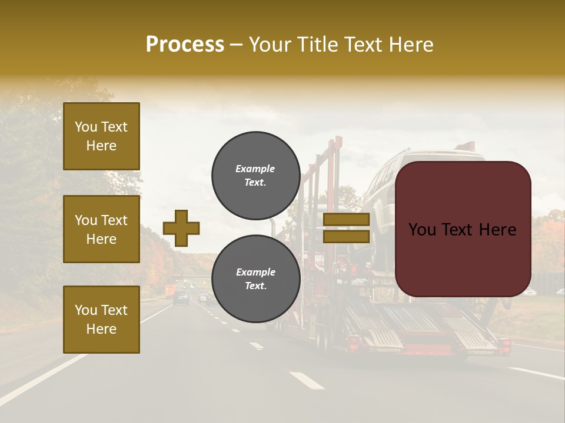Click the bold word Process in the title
coord(185,45)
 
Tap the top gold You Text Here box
coord(101,136)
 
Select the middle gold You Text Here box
coord(101,229)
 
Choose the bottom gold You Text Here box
coord(101,319)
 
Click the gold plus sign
coord(181,228)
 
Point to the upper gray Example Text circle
coord(255,176)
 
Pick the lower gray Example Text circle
coord(255,278)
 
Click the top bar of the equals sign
coord(346,220)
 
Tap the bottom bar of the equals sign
coord(346,236)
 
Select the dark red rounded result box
coord(463,229)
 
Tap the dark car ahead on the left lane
coord(182,297)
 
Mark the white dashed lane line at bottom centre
coord(307,381)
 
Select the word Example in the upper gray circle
coord(255,169)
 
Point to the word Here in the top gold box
coord(101,146)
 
